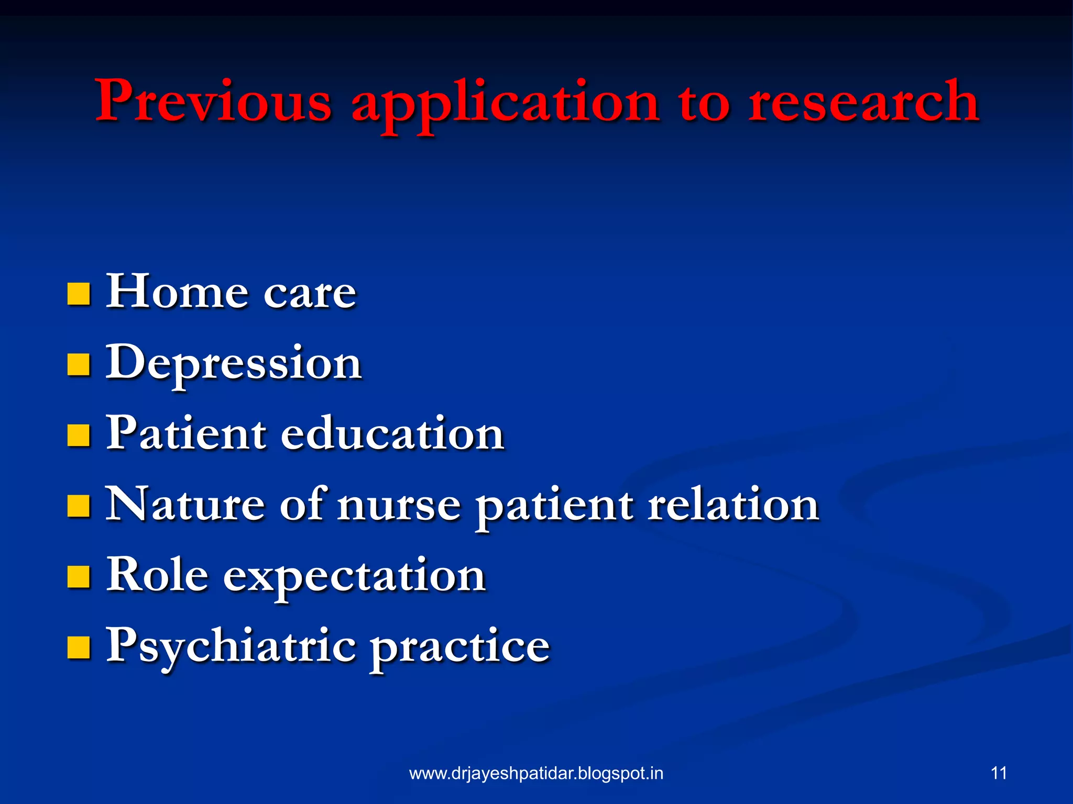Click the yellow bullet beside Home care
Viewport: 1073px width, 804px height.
pyautogui.click(x=79, y=294)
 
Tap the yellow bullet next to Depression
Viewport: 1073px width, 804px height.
pyautogui.click(x=79, y=365)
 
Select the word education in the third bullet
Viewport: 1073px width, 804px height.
pyautogui.click(x=392, y=433)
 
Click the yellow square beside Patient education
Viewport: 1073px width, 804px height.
pyautogui.click(x=79, y=435)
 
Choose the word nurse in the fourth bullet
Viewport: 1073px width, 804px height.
pyautogui.click(x=399, y=506)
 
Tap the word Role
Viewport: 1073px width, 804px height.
pyautogui.click(x=157, y=575)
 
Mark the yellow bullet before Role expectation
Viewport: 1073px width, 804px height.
pyautogui.click(x=79, y=577)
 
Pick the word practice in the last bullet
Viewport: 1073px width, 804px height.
pyautogui.click(x=460, y=648)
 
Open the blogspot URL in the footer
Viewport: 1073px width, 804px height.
pyautogui.click(x=536, y=774)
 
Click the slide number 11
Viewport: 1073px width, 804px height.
pyautogui.click(x=999, y=773)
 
